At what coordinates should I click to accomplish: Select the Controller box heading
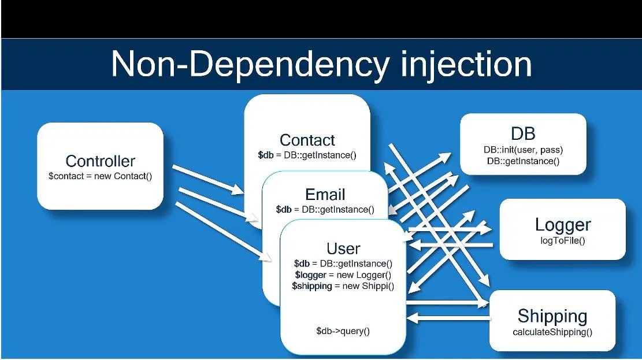(100, 161)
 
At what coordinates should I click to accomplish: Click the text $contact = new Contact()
(100, 176)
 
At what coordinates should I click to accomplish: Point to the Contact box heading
(307, 140)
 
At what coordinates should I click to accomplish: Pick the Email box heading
(325, 194)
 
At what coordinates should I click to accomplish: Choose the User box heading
(343, 248)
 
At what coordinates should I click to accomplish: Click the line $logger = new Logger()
(343, 275)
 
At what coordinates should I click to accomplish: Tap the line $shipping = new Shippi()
(343, 286)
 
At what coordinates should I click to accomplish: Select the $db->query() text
(343, 331)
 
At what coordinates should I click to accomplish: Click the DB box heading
(523, 133)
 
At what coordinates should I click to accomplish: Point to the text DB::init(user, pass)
(523, 150)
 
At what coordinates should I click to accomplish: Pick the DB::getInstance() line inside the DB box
(523, 161)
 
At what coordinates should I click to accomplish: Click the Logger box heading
(562, 224)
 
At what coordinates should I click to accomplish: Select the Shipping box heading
(552, 316)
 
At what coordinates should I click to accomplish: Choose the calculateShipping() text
(552, 332)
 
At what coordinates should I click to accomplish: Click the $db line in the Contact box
(307, 155)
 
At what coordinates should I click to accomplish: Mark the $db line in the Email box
(325, 209)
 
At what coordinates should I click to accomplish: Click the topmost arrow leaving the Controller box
(208, 179)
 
